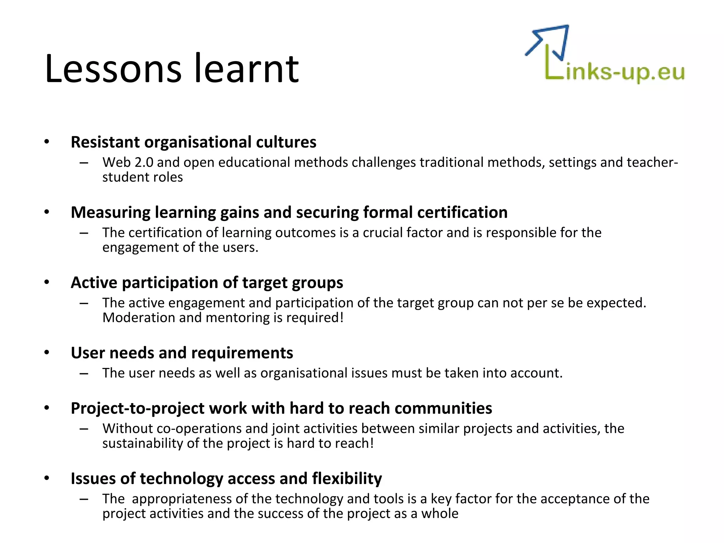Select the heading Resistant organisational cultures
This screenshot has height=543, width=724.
click(x=193, y=142)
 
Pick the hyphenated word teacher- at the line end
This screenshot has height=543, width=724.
click(x=652, y=162)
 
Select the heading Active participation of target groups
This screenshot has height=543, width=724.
click(x=207, y=283)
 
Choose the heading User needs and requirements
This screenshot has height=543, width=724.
click(x=182, y=353)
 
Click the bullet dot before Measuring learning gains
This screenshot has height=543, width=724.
click(x=47, y=212)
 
